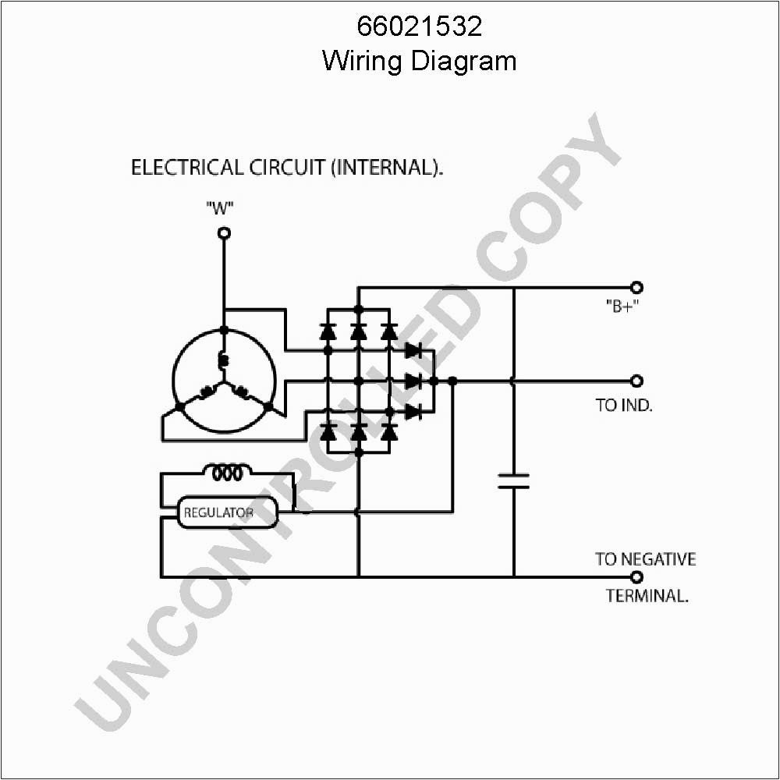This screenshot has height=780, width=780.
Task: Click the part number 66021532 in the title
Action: tap(420, 27)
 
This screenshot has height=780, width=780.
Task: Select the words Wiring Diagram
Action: tap(420, 61)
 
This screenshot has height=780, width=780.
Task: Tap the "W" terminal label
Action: tap(221, 208)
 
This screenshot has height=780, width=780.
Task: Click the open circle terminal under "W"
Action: tap(224, 233)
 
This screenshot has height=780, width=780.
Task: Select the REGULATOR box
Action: tap(227, 512)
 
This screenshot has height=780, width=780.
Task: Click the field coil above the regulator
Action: tap(227, 472)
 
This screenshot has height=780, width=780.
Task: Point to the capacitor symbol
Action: tap(514, 480)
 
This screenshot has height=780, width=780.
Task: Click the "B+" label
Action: tap(622, 307)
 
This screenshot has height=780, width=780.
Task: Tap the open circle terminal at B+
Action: tap(636, 287)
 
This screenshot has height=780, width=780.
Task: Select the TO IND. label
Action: tap(624, 406)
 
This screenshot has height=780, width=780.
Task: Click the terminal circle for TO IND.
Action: tap(636, 381)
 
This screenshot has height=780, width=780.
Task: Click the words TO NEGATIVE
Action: tap(645, 558)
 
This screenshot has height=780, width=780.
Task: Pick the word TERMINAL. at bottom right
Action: tap(647, 596)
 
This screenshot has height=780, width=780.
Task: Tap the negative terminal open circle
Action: tap(636, 577)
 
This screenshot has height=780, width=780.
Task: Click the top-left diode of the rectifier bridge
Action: tap(328, 331)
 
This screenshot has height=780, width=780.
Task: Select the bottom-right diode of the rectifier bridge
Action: tap(389, 431)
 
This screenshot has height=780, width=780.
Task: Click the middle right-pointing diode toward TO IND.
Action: tap(413, 381)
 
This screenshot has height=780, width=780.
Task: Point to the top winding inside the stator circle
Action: tap(224, 360)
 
